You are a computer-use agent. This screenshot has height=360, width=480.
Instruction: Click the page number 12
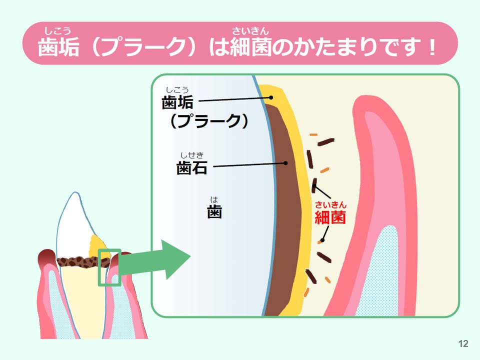(463, 343)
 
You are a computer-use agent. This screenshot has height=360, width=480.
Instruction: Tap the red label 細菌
(330, 217)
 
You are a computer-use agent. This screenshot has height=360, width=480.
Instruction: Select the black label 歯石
(192, 168)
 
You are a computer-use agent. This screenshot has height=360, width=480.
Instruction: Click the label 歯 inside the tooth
(214, 211)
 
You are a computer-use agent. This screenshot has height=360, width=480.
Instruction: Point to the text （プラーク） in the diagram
(209, 121)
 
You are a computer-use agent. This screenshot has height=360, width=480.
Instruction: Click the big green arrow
(154, 259)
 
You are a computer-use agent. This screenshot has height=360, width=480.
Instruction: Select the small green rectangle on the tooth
(109, 267)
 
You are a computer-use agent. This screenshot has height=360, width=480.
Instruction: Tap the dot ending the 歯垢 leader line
(271, 97)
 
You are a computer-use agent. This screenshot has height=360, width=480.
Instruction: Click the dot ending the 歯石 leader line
(285, 163)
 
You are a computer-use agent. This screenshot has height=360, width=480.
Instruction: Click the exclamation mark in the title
(432, 47)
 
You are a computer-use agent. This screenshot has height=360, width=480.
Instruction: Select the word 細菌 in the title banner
(250, 47)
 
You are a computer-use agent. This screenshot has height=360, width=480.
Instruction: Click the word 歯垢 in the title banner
(58, 47)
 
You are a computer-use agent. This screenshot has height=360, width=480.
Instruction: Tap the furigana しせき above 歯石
(192, 155)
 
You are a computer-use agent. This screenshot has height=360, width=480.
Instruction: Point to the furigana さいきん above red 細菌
(330, 204)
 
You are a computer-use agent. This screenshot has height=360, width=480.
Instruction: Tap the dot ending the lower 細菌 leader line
(322, 240)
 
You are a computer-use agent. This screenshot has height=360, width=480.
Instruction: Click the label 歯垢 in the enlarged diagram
(177, 102)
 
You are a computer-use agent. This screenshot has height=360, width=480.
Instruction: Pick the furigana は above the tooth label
(214, 200)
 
